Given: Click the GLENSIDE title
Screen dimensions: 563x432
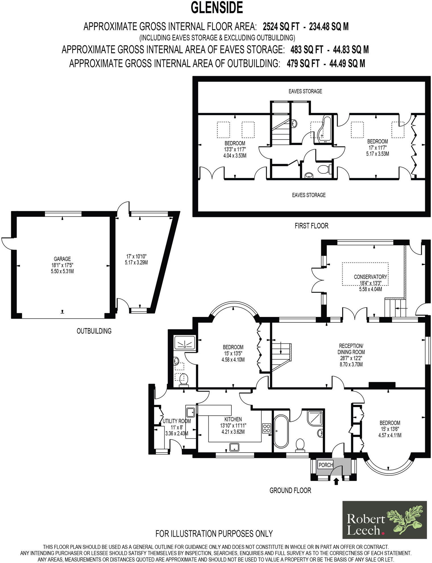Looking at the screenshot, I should click(217, 8).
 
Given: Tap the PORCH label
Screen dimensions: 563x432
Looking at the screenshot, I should click(326, 465).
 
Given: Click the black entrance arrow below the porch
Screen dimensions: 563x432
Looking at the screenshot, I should click(336, 482).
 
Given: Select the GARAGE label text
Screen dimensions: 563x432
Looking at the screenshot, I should click(62, 259).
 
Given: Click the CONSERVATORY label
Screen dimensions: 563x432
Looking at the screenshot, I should click(370, 277).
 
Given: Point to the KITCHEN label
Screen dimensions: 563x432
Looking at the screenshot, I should click(233, 419).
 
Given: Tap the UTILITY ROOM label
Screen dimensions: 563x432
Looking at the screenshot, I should click(176, 421).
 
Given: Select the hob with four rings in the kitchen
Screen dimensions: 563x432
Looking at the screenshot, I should click(266, 428).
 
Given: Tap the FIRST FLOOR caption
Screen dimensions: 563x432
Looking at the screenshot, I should click(311, 226).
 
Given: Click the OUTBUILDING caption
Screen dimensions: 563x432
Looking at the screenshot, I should click(94, 331).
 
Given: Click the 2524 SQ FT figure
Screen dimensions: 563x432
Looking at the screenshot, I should click(281, 27).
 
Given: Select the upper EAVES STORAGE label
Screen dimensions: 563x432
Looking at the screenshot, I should click(305, 91).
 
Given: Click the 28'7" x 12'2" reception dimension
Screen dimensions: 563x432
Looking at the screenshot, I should click(351, 358).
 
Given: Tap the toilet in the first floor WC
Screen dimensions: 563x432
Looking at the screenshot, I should click(324, 169).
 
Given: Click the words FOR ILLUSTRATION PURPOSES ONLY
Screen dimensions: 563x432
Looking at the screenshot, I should click(214, 533).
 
